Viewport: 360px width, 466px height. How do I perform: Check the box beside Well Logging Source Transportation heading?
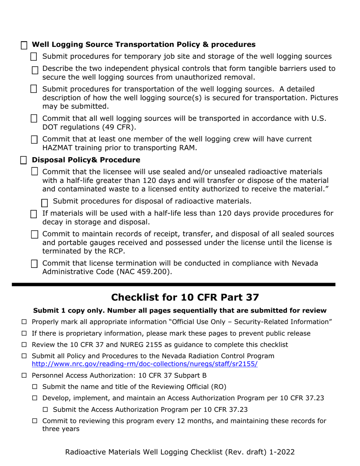click(x=24, y=45)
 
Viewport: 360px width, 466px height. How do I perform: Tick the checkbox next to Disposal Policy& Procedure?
click(x=23, y=160)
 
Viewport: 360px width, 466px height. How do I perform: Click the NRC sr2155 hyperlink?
click(x=144, y=364)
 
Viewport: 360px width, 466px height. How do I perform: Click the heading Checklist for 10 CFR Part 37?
click(x=180, y=297)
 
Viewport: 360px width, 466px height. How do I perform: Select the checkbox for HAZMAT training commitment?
click(x=34, y=140)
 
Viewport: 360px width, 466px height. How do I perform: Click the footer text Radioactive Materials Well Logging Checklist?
click(x=180, y=452)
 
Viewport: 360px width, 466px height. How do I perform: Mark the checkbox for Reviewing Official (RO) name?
click(x=34, y=387)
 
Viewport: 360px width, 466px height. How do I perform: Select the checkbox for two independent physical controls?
click(x=35, y=70)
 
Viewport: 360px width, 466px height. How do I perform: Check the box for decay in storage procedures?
click(x=34, y=214)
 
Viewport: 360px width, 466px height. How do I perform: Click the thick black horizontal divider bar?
click(x=174, y=284)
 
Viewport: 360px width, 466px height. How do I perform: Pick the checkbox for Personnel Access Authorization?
click(x=24, y=375)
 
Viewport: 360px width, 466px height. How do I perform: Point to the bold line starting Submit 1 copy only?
click(x=180, y=311)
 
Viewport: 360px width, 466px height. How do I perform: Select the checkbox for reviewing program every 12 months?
click(x=34, y=421)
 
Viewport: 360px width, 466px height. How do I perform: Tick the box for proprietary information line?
click(x=24, y=333)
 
